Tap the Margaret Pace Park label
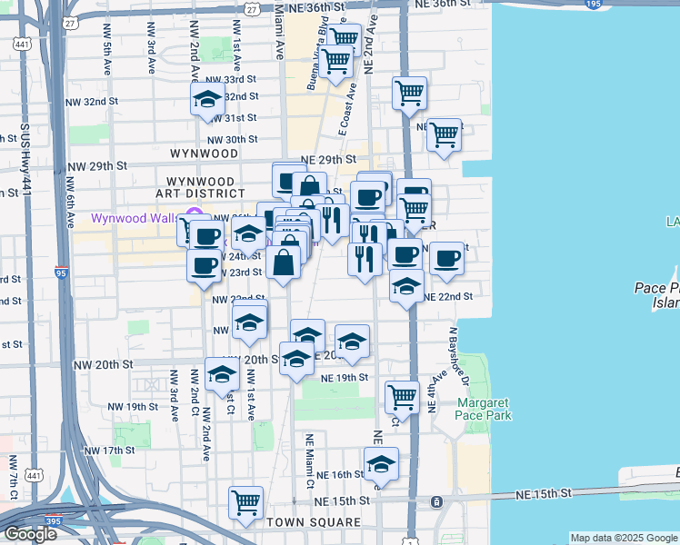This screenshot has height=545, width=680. click(484, 409)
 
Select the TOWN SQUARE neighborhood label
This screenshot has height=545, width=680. click(313, 522)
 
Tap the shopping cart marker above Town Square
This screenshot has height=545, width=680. click(246, 502)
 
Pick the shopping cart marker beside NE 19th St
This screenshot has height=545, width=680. click(402, 397)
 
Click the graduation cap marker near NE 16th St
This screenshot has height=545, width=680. click(382, 464)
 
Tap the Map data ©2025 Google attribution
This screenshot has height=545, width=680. click(624, 538)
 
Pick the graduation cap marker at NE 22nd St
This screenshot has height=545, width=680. click(406, 287)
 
